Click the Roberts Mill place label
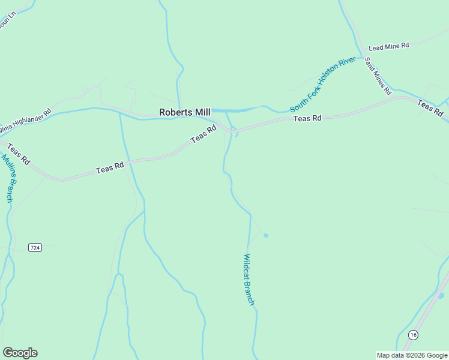[184, 112]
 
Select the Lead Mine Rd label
[388, 46]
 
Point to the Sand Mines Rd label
[378, 76]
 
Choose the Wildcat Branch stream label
[249, 280]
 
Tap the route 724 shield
[35, 247]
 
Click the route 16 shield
[412, 334]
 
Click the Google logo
[20, 353]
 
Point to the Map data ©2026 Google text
[412, 355]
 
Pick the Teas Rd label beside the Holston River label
[307, 119]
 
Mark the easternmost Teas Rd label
[430, 108]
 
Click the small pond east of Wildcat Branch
[266, 235]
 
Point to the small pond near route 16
[441, 295]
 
